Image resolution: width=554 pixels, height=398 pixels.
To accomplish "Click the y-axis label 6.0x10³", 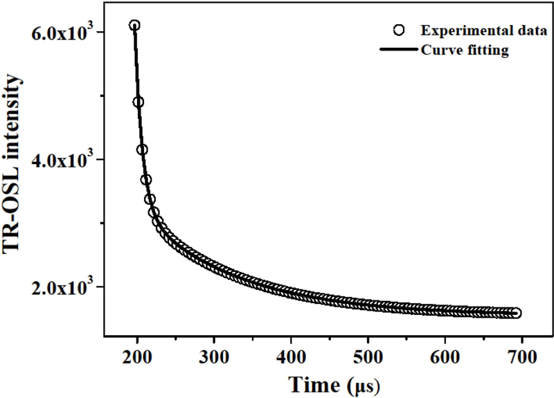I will click(64, 33).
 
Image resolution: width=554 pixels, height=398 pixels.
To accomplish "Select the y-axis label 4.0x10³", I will click(64, 160).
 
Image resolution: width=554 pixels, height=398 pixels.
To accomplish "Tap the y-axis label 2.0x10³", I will click(64, 287).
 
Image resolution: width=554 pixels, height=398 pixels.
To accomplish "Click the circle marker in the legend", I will click(397, 31).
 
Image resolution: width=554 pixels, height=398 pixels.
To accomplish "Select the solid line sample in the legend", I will click(397, 51).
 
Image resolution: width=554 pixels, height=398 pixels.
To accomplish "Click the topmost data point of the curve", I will click(134, 26).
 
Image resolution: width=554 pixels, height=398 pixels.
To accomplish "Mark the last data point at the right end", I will click(516, 313).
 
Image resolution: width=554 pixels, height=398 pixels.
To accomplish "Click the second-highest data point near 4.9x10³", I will click(138, 102).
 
